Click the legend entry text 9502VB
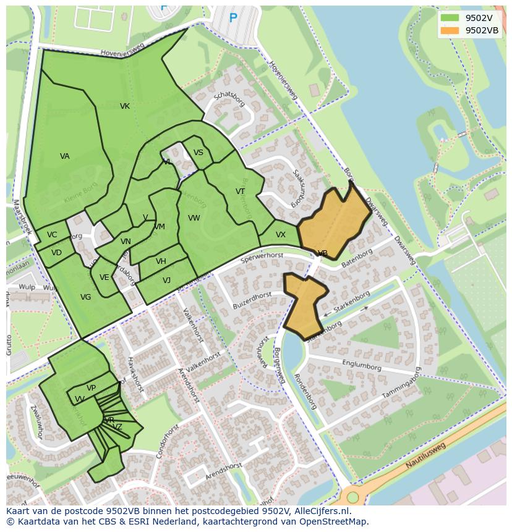click(x=482, y=30)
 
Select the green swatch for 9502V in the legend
click(x=450, y=18)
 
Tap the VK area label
click(x=125, y=106)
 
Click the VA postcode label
click(x=65, y=156)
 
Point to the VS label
click(x=198, y=153)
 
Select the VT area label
click(x=241, y=192)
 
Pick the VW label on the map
click(x=194, y=218)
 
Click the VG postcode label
click(x=86, y=297)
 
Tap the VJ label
click(x=167, y=281)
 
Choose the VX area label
click(x=281, y=235)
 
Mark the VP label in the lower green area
click(x=92, y=388)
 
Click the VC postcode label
click(x=52, y=235)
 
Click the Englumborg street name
click(x=361, y=366)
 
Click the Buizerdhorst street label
click(x=252, y=300)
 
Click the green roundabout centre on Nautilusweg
click(x=352, y=497)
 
